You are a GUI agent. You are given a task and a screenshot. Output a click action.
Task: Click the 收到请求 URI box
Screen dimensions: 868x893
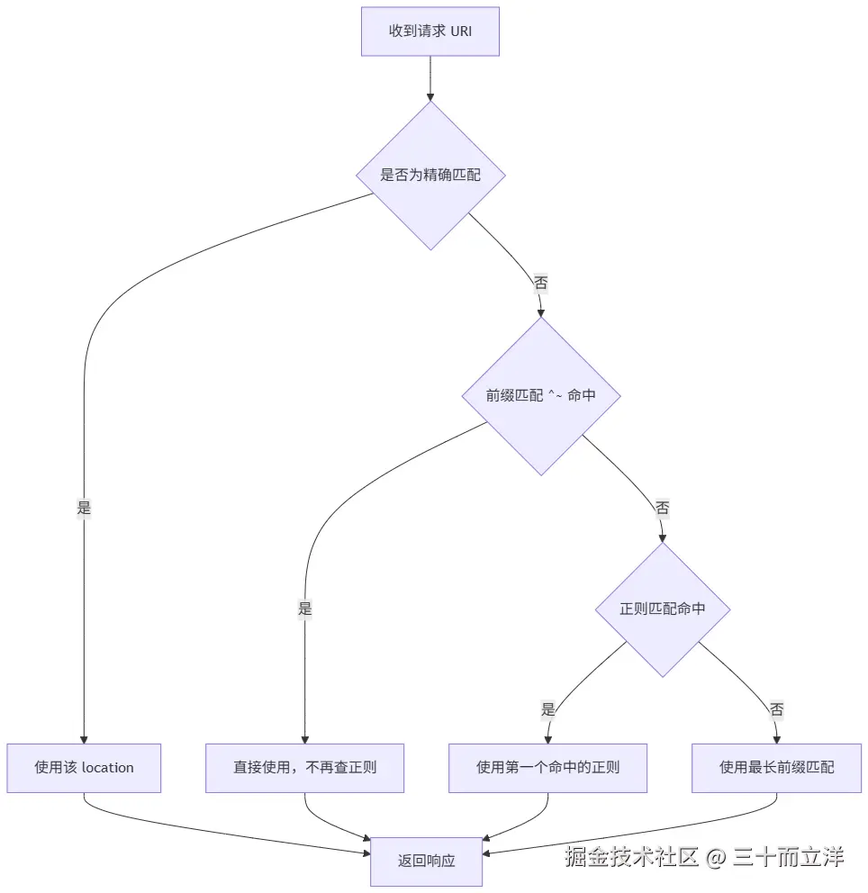point(430,32)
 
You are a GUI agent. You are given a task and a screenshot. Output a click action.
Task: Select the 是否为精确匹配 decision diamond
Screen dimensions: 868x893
point(430,176)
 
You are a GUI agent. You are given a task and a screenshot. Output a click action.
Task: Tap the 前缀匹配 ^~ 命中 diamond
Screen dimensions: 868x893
point(541,396)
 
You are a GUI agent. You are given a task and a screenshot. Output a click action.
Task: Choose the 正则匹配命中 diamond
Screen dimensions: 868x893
point(663,609)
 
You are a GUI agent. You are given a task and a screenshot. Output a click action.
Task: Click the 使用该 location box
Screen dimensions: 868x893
point(84,768)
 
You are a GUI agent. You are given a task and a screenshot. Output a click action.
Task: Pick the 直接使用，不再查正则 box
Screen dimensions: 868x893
point(304,768)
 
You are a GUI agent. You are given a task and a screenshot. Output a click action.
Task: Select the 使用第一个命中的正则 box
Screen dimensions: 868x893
point(548,768)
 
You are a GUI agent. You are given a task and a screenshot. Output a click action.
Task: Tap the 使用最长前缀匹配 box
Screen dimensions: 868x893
point(776,768)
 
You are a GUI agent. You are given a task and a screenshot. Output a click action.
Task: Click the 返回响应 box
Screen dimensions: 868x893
point(426,861)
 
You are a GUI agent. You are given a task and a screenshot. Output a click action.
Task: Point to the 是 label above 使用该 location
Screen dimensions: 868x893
point(84,508)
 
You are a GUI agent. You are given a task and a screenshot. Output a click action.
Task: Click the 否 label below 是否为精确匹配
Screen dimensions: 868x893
point(540,283)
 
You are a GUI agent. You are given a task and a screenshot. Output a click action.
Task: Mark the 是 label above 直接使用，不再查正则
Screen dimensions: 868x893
point(304,609)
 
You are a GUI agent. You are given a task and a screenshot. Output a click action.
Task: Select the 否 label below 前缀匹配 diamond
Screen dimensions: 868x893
point(662,508)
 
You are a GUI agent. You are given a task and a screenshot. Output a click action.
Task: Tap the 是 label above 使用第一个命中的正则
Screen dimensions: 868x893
point(548,709)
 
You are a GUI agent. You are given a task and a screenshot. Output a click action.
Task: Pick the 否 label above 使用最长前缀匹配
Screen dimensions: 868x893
point(776,709)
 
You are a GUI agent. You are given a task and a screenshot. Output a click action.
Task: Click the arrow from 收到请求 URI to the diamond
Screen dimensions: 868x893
point(430,78)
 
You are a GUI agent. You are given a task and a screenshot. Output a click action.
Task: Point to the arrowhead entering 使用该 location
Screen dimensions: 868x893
point(84,740)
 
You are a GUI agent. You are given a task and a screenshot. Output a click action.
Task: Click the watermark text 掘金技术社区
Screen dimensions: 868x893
point(631,857)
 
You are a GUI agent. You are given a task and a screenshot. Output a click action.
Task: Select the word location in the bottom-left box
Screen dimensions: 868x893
point(108,768)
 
